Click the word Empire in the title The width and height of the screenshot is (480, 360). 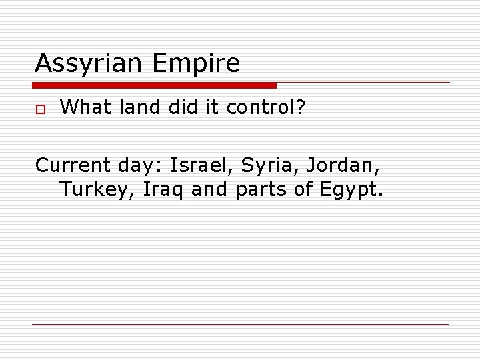[196, 64]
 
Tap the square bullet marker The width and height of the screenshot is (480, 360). [39, 109]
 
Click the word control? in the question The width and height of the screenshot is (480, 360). [265, 107]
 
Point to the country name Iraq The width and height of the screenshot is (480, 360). [163, 191]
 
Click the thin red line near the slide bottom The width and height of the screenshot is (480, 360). [240, 324]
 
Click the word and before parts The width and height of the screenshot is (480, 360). [209, 191]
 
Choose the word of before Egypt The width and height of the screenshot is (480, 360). [303, 191]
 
